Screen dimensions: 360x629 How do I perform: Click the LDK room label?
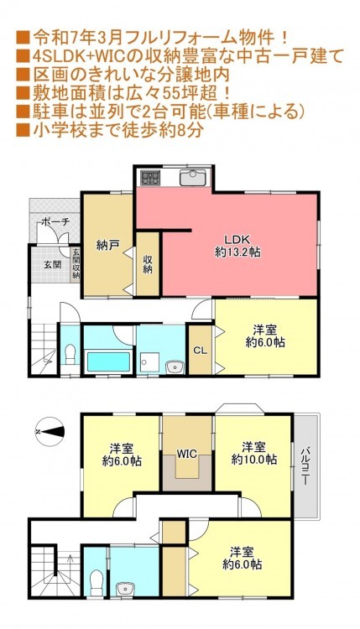[x=237, y=246]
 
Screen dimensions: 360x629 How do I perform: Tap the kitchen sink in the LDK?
[x=193, y=178]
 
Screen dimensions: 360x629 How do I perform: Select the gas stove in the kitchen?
[x=149, y=178]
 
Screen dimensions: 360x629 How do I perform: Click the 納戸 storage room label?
[x=107, y=246]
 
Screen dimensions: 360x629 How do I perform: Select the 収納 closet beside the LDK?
[x=148, y=264]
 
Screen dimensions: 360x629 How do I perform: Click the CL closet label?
[x=201, y=351]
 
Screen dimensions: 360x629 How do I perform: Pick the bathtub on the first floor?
[x=109, y=361]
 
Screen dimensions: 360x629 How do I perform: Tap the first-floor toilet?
[x=70, y=354]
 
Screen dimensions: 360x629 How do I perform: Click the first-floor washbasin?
[x=175, y=366]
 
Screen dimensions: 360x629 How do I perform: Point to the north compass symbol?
[x=50, y=432]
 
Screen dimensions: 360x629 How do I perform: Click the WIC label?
[x=187, y=454]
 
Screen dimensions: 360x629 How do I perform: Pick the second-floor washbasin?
[x=125, y=589]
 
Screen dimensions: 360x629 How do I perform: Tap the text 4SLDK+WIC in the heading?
[x=75, y=56]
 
